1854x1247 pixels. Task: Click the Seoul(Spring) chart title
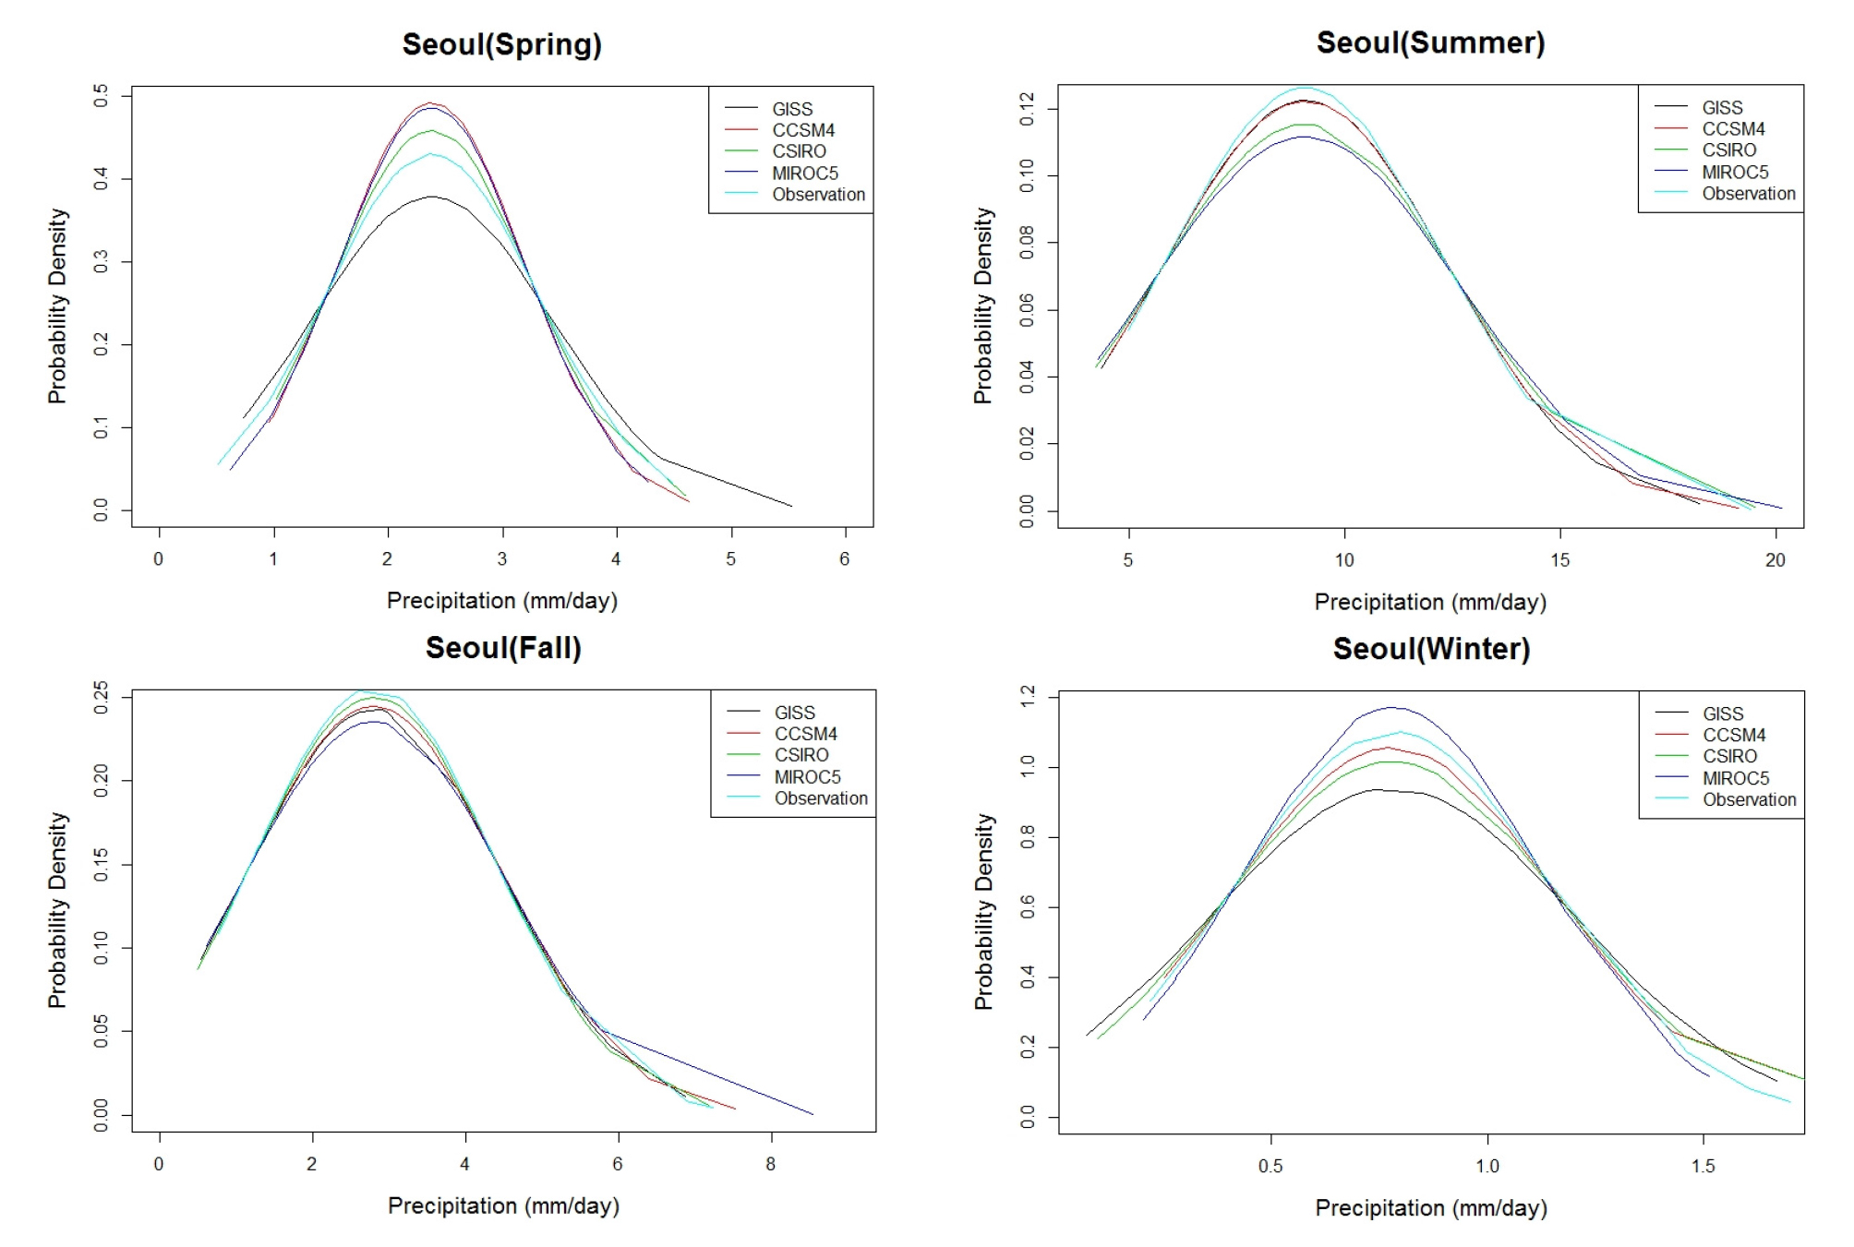point(501,44)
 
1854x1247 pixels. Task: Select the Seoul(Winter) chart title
point(1431,649)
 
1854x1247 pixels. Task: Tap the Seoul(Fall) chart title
point(503,648)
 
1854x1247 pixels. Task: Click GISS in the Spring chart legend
point(792,109)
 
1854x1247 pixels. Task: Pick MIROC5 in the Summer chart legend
point(1735,173)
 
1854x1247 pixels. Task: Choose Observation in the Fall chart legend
point(821,798)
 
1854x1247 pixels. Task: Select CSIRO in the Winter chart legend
point(1729,757)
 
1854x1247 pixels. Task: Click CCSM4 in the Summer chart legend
point(1733,129)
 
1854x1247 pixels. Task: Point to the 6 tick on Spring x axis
point(845,559)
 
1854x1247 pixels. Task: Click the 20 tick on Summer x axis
point(1775,560)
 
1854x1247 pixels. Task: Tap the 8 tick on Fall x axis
point(770,1164)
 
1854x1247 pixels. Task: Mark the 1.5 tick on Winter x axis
point(1704,1166)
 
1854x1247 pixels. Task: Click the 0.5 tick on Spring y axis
point(101,95)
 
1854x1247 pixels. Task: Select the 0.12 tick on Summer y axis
point(1027,109)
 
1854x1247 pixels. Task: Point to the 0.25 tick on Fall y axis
point(101,698)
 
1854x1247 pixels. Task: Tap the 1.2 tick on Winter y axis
point(1027,697)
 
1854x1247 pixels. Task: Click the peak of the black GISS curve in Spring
point(431,197)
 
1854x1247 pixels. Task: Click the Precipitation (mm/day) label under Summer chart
point(1429,602)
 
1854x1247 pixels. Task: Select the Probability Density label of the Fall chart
point(57,910)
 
